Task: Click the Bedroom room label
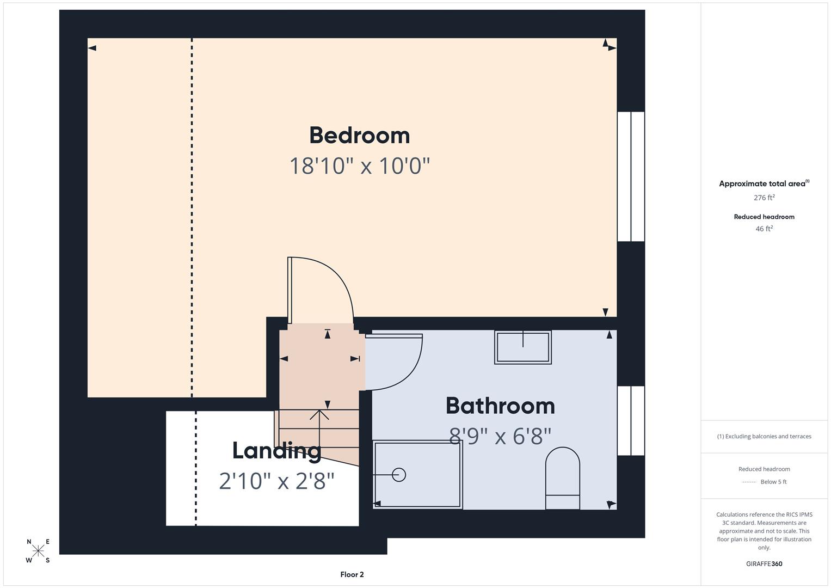[x=359, y=136]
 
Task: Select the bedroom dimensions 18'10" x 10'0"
[x=359, y=166]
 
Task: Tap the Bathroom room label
[x=500, y=406]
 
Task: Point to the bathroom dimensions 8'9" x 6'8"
[x=500, y=436]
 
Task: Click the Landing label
[x=276, y=451]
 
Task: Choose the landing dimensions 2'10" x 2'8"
[x=276, y=481]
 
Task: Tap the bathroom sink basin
[x=522, y=347]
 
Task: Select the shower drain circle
[x=399, y=475]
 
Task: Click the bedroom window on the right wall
[x=631, y=176]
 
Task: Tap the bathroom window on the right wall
[x=631, y=420]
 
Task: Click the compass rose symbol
[x=38, y=550]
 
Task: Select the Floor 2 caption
[x=352, y=574]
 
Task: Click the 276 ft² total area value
[x=764, y=198]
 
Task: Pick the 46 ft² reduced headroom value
[x=764, y=229]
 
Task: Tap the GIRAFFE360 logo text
[x=764, y=563]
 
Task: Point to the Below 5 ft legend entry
[x=773, y=482]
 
